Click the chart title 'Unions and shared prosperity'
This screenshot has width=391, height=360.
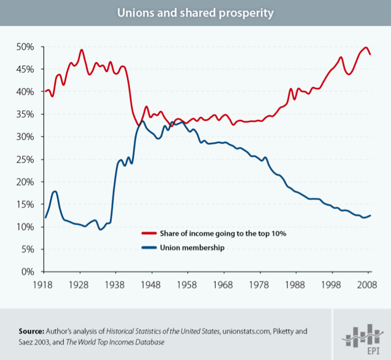195,12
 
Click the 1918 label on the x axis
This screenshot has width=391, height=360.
45,284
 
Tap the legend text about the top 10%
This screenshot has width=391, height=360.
223,233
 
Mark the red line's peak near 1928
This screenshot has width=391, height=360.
82,50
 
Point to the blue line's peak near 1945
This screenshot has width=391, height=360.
142,121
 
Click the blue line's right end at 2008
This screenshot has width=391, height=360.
370,215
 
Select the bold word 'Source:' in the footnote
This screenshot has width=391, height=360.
32,330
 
